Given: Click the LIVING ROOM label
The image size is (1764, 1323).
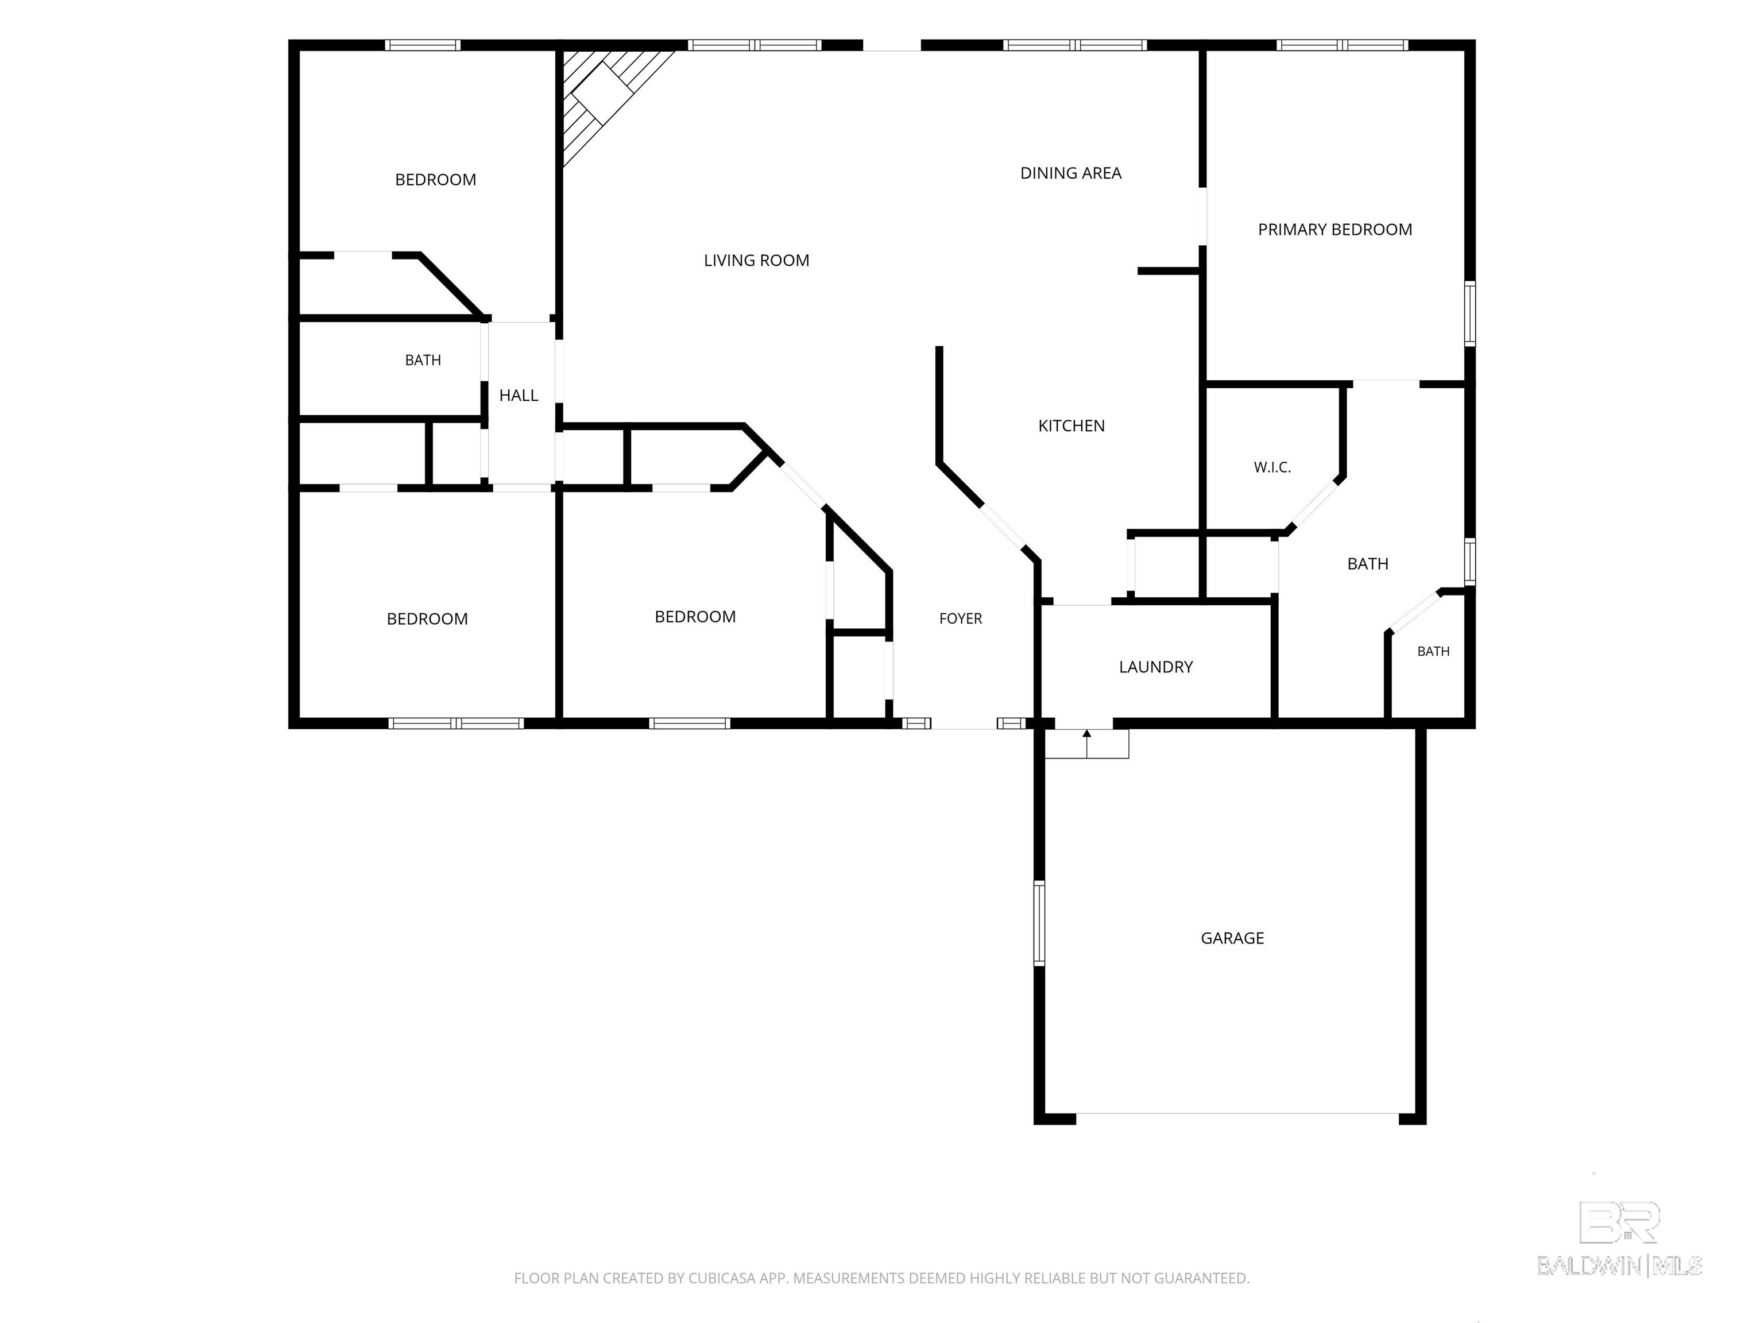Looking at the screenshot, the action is [x=756, y=261].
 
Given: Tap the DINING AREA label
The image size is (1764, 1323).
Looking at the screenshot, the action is [x=1070, y=173].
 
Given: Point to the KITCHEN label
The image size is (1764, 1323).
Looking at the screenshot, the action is [x=1071, y=426].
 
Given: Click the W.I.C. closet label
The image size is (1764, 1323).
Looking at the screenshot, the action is [x=1272, y=467].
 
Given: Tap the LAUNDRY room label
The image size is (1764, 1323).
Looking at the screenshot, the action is [x=1155, y=667].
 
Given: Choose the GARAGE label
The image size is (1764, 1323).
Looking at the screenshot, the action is [x=1232, y=938].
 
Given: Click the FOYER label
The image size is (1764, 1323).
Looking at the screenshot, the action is [x=960, y=618].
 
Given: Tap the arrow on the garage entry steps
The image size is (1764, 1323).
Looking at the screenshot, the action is [x=1086, y=742].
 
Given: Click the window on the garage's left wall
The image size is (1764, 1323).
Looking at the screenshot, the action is [x=1038, y=923].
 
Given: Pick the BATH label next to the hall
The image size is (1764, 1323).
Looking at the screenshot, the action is [x=423, y=361].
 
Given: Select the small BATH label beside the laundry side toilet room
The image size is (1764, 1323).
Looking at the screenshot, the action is [x=1433, y=652].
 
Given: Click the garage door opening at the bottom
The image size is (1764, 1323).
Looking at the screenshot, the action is [x=1237, y=1113].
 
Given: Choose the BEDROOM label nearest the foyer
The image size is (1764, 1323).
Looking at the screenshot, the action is [x=695, y=617].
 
